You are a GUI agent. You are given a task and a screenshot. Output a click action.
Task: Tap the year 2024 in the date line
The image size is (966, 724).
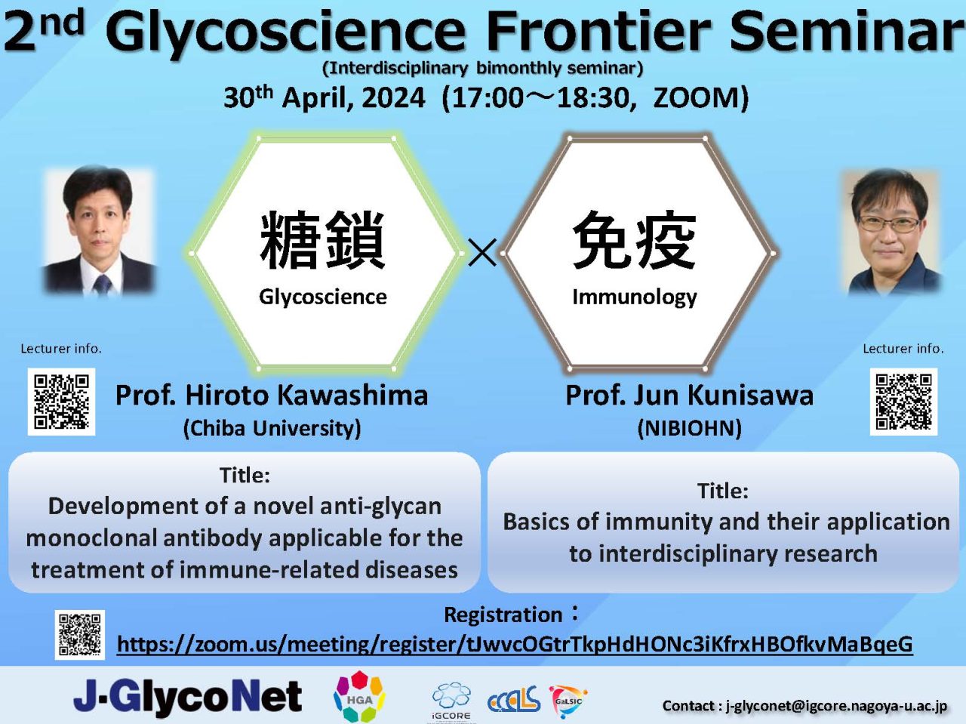coord(393,98)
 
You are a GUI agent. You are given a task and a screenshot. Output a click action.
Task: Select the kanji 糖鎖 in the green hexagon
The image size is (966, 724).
coord(322,240)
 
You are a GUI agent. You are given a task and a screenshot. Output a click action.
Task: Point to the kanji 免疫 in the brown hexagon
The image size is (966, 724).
coord(635,240)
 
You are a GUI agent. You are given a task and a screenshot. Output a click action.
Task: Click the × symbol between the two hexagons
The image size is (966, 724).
coord(483,252)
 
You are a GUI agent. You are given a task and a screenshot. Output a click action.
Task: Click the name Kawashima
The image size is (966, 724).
coord(352,396)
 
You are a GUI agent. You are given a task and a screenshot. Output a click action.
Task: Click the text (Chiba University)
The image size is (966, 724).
coord(272,428)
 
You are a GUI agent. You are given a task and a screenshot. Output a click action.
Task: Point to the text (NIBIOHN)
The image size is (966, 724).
coord(690,428)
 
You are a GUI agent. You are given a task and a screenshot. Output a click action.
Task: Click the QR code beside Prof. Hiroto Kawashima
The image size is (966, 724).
coord(62,402)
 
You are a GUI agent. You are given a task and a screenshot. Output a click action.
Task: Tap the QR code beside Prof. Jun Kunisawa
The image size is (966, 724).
coord(903,402)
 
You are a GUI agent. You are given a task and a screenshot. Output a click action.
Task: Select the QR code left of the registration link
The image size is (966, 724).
coord(80,635)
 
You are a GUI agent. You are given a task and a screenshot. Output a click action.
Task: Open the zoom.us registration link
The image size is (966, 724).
coord(515,644)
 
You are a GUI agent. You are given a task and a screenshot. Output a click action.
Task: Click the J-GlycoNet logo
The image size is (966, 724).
coord(188,696)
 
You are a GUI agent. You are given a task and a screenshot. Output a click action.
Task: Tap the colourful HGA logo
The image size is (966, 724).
coord(359,697)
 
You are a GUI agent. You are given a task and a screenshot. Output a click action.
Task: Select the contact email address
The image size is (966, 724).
coord(836,706)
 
